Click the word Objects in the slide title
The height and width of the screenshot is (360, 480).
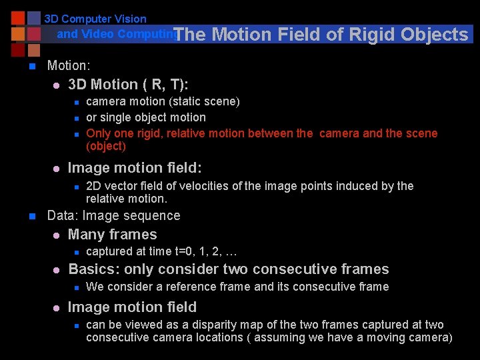tap(435, 35)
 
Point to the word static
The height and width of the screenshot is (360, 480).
tap(188, 101)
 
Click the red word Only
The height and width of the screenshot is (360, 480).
tap(99, 133)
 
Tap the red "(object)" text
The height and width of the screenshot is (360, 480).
tap(106, 146)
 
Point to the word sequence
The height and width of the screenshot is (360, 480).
tap(155, 216)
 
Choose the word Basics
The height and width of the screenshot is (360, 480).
tap(89, 269)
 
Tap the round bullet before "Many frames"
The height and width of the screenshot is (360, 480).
tap(56, 235)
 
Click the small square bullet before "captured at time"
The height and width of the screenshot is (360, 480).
tap(77, 253)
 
